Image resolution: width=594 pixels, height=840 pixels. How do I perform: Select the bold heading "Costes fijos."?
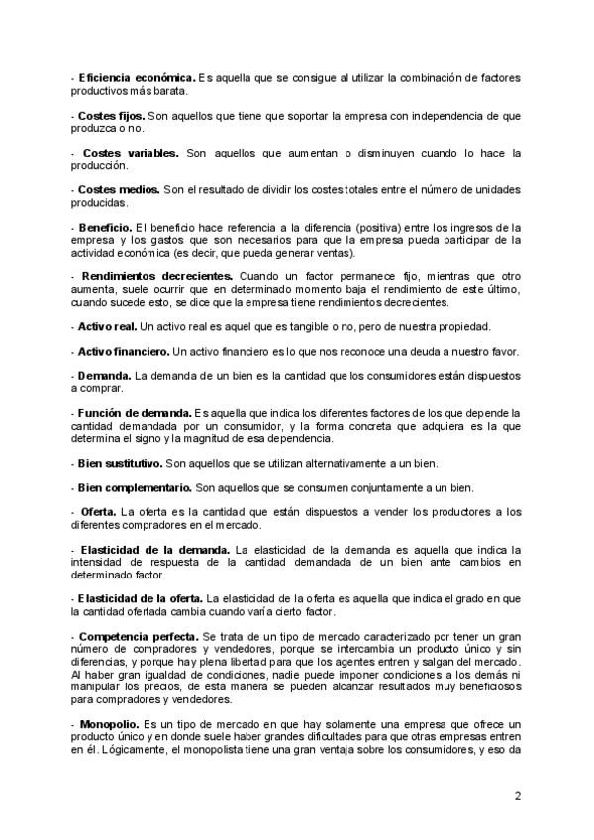click(x=111, y=116)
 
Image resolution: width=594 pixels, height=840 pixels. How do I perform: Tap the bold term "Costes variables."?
click(x=131, y=154)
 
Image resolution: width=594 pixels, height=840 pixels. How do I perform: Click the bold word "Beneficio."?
click(x=105, y=228)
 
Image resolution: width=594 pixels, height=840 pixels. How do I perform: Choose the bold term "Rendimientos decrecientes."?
click(x=158, y=276)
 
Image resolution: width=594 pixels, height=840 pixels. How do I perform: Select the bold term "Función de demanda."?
click(x=134, y=413)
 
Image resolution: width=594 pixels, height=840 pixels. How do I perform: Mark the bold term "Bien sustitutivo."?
click(x=119, y=463)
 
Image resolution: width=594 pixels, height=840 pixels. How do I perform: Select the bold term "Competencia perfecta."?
click(x=139, y=635)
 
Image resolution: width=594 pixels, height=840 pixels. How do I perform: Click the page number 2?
click(x=518, y=795)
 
